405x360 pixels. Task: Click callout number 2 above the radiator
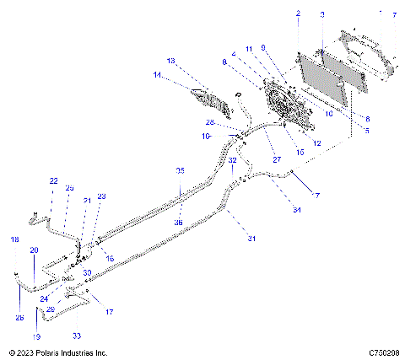click(298, 14)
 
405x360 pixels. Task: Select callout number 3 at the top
click(321, 15)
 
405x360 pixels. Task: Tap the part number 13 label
click(170, 61)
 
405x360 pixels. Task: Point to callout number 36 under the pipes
click(179, 222)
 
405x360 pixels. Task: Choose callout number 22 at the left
click(53, 180)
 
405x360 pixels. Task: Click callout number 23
click(102, 196)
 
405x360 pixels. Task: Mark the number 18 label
click(14, 240)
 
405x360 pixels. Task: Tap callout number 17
click(108, 312)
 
